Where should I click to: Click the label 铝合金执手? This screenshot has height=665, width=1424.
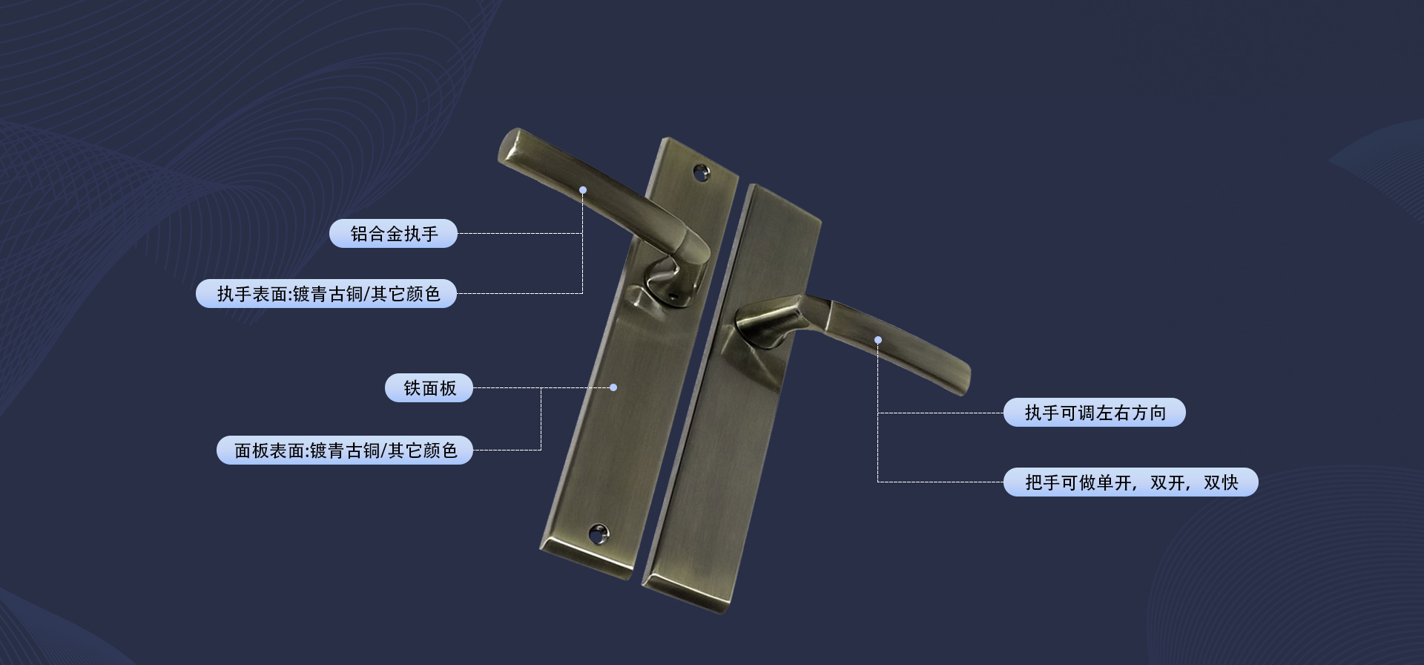393,234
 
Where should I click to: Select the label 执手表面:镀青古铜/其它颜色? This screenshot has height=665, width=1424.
326,294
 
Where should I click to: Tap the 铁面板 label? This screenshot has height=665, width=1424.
429,388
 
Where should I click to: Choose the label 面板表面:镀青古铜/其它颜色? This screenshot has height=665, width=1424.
345,451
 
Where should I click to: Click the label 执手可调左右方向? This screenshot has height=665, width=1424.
1095,413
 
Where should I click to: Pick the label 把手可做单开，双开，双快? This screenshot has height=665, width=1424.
1131,482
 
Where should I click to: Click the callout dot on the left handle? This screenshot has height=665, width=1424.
583,190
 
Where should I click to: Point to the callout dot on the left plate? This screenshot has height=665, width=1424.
613,387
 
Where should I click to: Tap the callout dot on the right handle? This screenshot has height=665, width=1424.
878,340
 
